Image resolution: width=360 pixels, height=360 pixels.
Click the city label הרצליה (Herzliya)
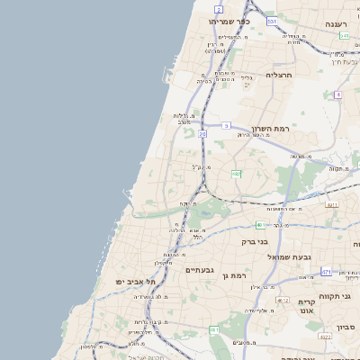280,76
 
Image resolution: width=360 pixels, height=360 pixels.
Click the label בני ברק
256,241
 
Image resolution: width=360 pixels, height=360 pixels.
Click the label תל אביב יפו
136,282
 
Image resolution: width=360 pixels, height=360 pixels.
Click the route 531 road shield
272,19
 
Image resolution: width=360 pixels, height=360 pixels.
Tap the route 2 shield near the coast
219,9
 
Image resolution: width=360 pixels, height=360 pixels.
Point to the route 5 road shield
227,125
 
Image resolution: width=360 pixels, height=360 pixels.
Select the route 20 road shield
203,133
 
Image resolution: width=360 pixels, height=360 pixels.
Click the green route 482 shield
236,173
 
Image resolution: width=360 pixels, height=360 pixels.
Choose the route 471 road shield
326,271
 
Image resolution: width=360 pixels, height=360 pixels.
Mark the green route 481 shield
260,224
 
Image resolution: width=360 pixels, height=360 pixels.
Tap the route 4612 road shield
282,300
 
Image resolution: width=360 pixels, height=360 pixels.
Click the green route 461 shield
215,331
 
